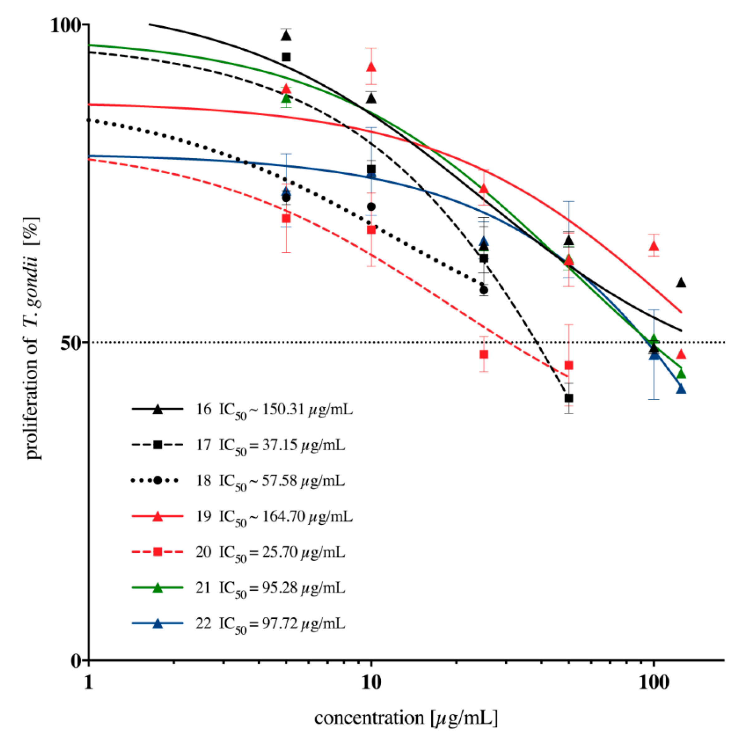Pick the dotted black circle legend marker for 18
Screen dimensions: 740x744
click(x=157, y=480)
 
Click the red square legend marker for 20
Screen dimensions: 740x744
click(x=157, y=552)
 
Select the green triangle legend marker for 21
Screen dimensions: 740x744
click(x=157, y=588)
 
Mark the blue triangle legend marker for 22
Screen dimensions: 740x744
click(x=157, y=624)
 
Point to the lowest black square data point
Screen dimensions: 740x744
click(x=569, y=398)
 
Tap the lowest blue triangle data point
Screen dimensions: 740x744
click(x=681, y=389)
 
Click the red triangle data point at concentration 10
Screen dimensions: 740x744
click(x=371, y=67)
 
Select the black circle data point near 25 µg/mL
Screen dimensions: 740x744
click(x=484, y=290)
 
